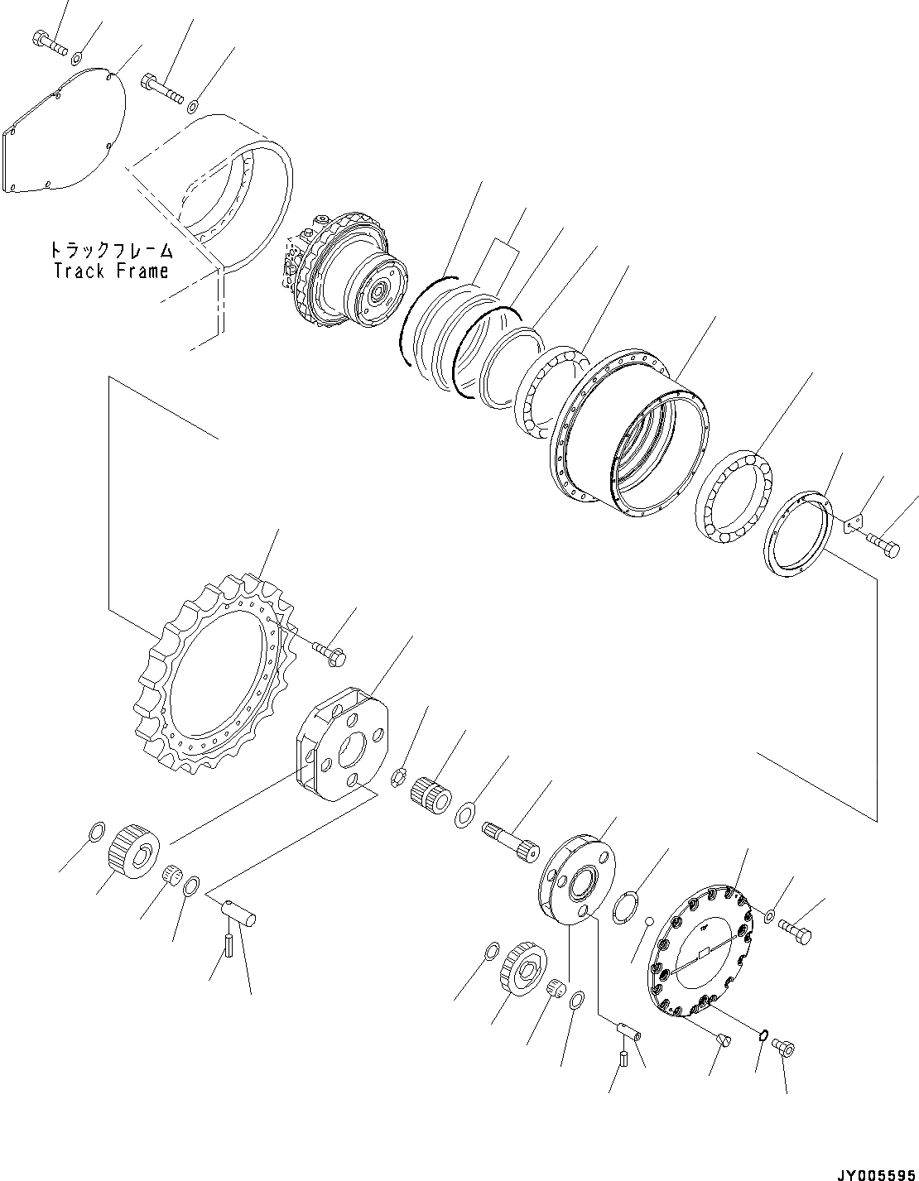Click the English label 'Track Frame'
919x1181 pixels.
coord(111,270)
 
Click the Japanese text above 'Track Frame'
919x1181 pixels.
coord(111,249)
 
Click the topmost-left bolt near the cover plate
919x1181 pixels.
coord(49,41)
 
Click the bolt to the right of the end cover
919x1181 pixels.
coord(796,930)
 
